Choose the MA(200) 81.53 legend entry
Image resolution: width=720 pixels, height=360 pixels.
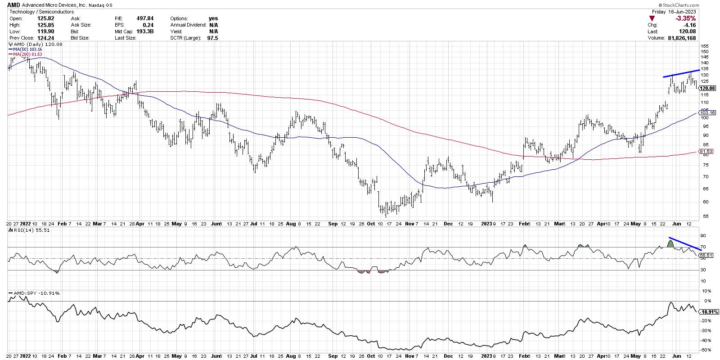(x=25, y=54)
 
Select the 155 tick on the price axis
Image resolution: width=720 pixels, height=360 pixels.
(x=704, y=46)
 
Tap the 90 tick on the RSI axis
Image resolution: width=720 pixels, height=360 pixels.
(x=703, y=236)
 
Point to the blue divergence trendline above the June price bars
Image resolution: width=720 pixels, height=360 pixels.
(x=681, y=73)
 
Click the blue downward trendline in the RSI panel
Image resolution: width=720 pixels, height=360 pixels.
(x=684, y=243)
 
